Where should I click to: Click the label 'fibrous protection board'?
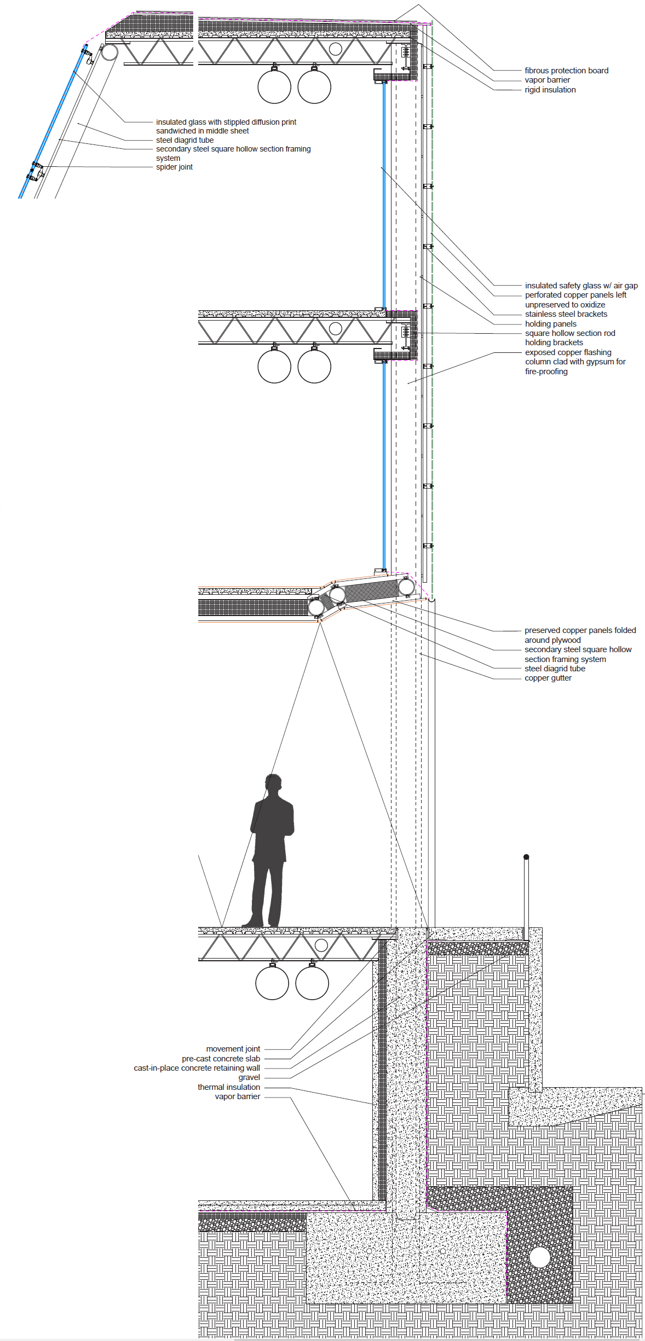566,71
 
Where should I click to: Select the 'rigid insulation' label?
550,90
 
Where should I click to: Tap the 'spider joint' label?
174,167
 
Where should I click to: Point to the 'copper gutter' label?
548,678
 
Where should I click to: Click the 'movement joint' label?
233,1049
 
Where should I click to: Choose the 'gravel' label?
249,1077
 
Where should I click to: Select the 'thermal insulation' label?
228,1087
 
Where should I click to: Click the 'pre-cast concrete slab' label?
221,1059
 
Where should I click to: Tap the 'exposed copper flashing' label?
568,352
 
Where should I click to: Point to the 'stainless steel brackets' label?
566,314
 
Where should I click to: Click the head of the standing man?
273,782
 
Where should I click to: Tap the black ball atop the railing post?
526,857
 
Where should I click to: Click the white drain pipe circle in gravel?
539,1257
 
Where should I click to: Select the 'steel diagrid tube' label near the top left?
185,140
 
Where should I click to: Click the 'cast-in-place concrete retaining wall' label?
197,1068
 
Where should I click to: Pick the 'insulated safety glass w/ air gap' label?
581,286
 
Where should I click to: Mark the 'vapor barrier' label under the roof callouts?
547,80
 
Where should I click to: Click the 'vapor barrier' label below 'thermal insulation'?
237,1096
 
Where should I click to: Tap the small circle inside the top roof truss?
336,49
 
